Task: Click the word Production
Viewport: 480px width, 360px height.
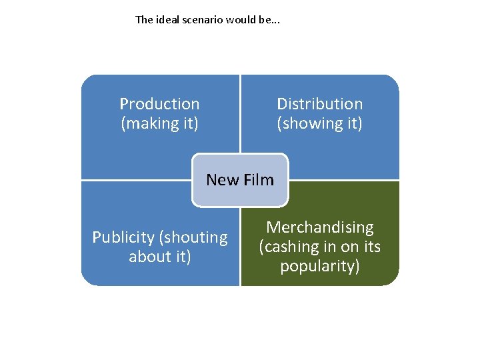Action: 159,104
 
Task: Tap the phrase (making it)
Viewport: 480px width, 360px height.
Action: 159,123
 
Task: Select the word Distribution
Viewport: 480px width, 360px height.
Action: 320,104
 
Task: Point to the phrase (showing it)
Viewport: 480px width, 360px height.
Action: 320,123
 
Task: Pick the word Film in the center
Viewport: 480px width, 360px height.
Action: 259,180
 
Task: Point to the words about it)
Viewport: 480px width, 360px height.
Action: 160,257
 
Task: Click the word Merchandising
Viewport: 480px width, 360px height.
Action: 320,227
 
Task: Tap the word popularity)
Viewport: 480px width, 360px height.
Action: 320,267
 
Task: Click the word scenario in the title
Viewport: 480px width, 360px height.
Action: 203,19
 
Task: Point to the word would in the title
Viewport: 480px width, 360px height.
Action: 240,19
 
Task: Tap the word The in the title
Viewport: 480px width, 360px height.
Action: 144,19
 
